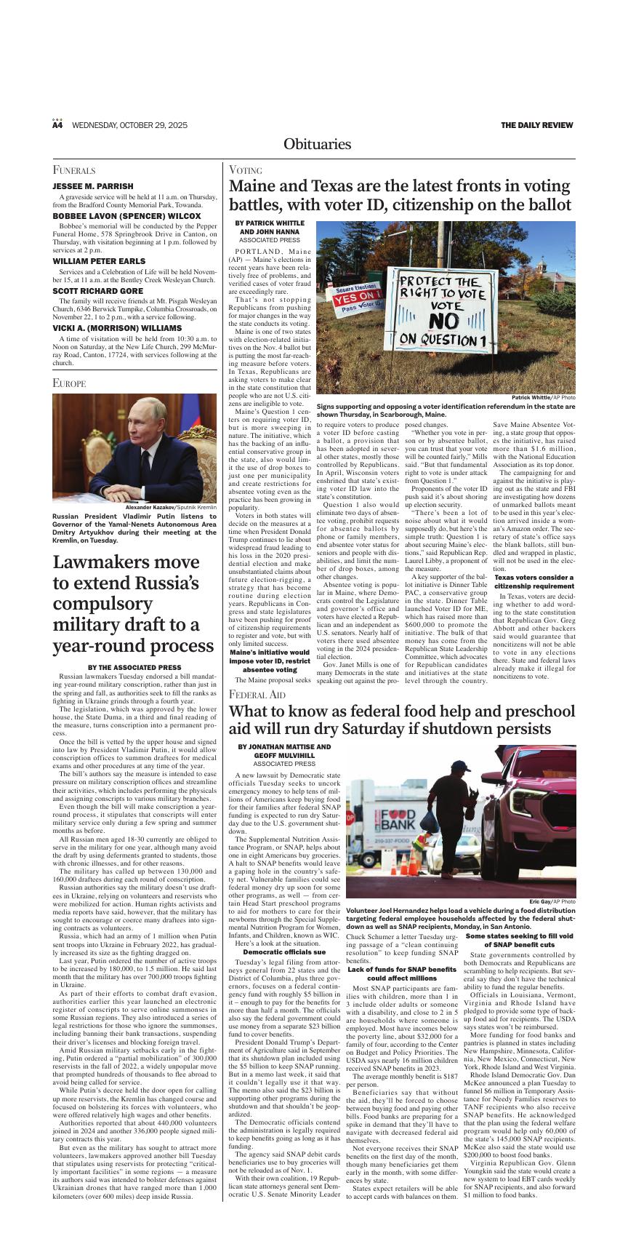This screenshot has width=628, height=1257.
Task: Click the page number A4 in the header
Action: (x=57, y=125)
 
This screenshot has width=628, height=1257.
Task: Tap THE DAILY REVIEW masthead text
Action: (x=536, y=125)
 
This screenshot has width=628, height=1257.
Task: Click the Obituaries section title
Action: (x=317, y=144)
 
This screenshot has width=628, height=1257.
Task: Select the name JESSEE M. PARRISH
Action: (x=93, y=186)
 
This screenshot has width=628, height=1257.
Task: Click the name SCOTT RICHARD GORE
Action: (x=97, y=290)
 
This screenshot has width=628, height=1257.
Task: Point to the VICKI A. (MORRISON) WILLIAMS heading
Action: (x=117, y=328)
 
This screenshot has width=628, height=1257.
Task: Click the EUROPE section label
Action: (x=70, y=383)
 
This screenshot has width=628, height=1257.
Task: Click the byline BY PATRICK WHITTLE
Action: (x=270, y=223)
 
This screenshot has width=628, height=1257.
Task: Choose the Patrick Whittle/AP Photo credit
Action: (x=543, y=398)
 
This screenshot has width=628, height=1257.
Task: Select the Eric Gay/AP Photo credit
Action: (x=552, y=902)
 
